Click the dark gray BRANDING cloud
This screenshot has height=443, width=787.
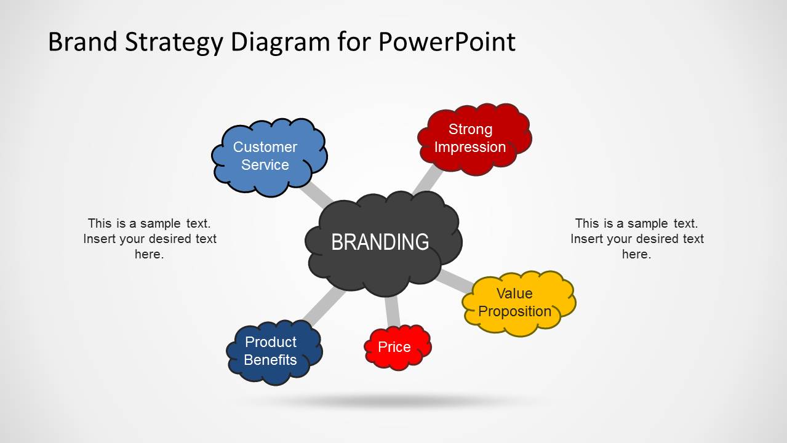pos(383,244)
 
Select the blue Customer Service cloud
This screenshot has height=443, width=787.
pos(269,157)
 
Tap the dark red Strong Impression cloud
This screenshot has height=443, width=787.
pos(474,139)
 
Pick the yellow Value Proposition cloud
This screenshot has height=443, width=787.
pos(519,303)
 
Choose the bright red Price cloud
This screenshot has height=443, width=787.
pos(397,347)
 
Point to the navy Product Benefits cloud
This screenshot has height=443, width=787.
pos(274,352)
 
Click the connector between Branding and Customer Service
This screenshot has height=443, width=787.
pos(316,195)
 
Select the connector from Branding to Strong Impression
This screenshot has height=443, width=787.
pos(428,180)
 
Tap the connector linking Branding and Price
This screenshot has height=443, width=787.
pos(392,311)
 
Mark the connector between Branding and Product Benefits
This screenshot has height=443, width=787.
pos(324,305)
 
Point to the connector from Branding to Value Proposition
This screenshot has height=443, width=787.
pos(455,281)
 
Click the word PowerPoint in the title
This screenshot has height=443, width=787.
pos(447,42)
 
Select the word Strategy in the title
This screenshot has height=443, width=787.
pos(174,43)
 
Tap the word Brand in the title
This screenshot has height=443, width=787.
pos(82,42)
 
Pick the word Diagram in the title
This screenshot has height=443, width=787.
pos(281,43)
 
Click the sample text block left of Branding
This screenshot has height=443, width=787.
pos(150,239)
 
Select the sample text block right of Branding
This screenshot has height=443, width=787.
pos(637,239)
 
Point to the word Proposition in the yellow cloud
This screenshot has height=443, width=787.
pos(514,311)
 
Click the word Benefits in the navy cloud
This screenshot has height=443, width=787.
pos(270,360)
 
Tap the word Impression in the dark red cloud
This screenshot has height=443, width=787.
pos(470,147)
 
